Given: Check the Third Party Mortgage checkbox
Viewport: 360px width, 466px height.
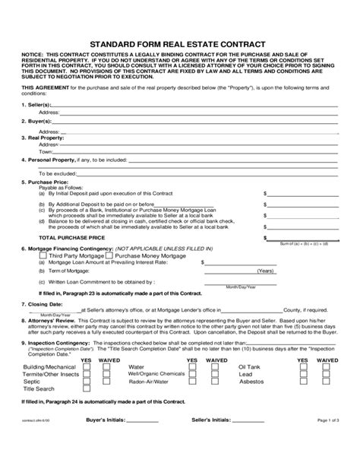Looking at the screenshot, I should point(33,257).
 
